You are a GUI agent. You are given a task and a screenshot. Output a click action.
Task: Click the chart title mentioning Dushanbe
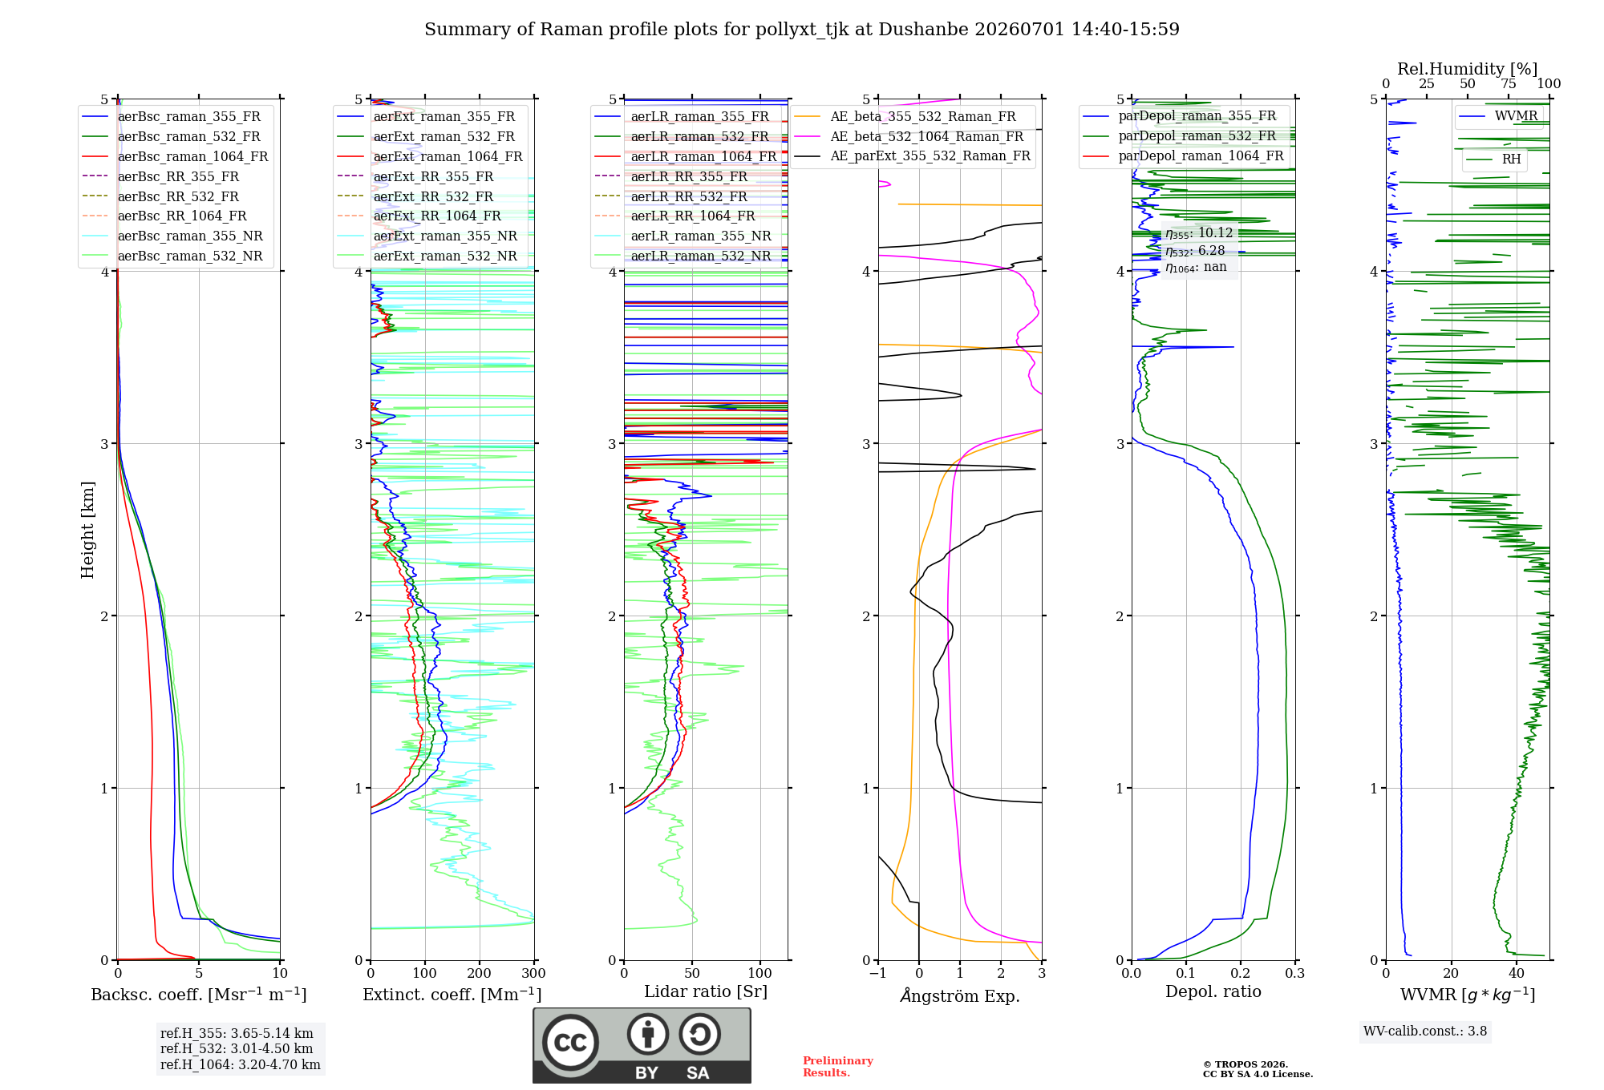pos(802,30)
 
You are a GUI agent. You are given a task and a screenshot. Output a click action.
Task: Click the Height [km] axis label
pos(87,530)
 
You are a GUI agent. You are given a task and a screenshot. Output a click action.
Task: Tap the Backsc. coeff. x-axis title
pos(199,995)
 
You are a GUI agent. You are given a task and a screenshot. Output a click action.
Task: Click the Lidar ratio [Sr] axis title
pos(706,992)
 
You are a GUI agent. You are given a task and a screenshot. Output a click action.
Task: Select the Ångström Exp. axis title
pos(960,995)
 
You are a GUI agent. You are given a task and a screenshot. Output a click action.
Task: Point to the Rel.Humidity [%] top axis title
pos(1468,69)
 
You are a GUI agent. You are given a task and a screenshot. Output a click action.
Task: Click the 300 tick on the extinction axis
pos(534,974)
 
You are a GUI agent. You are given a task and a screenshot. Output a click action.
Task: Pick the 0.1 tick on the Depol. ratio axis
pos(1186,974)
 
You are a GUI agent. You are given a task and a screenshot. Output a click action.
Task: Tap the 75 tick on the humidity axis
pos(1509,84)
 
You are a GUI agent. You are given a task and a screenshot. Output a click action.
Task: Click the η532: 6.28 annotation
pos(1195,251)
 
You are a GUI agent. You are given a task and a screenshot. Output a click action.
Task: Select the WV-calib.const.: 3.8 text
pos(1425,1031)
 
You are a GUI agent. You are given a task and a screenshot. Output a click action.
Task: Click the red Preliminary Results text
pos(838,1067)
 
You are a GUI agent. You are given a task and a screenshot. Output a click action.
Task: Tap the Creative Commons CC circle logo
pos(570,1043)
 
